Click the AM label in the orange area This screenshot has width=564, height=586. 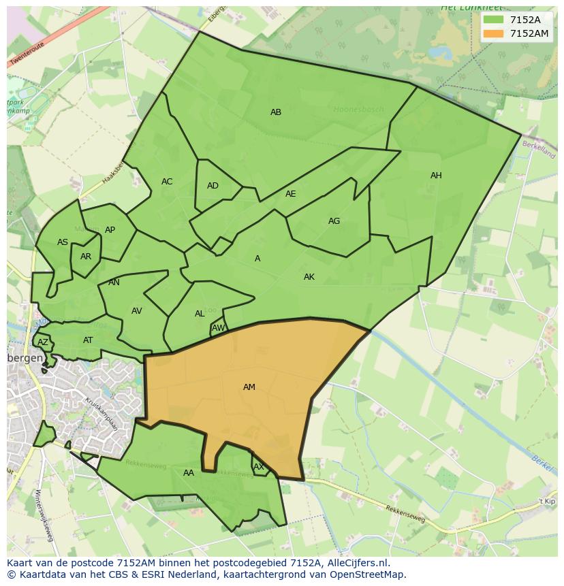click(x=249, y=387)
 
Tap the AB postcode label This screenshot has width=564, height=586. click(x=276, y=112)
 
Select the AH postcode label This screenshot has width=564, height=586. click(x=436, y=176)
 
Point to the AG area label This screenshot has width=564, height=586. click(x=334, y=221)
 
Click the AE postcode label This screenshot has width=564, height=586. click(x=291, y=194)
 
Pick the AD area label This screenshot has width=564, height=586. click(x=213, y=186)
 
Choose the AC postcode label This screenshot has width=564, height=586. click(x=167, y=182)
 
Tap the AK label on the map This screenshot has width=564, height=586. click(x=309, y=277)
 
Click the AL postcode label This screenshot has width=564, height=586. click(x=200, y=314)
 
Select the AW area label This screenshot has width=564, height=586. click(x=218, y=328)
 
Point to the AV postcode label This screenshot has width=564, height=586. click(x=137, y=311)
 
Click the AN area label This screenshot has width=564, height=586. click(x=114, y=282)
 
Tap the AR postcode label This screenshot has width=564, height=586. click(x=86, y=257)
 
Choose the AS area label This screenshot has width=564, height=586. click(x=63, y=242)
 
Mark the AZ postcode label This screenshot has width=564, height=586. click(x=43, y=342)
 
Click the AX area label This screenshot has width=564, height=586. click(x=259, y=467)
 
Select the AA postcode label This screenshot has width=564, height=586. click(x=189, y=473)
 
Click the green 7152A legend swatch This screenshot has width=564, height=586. click(x=492, y=20)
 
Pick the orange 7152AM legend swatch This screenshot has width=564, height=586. click(x=492, y=33)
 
